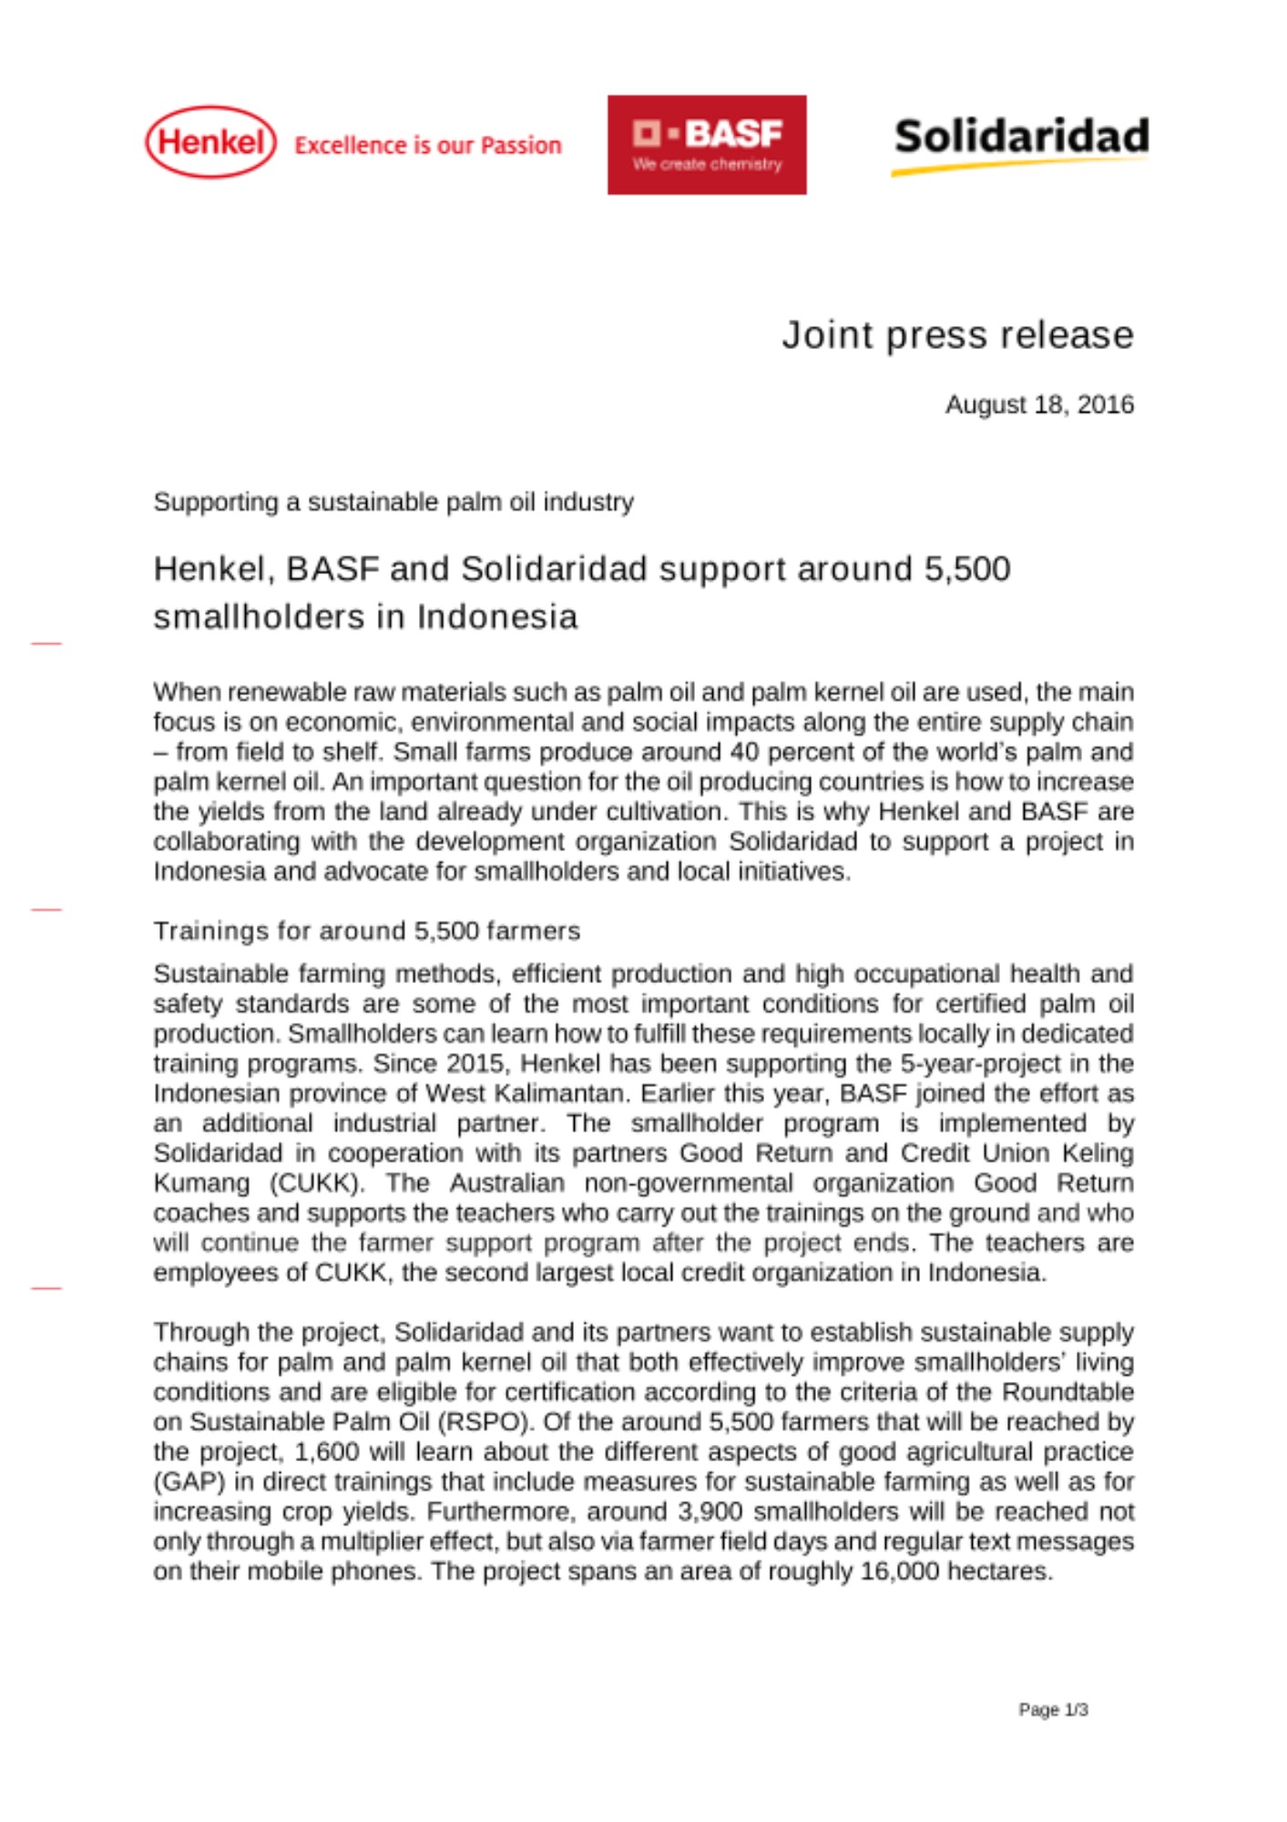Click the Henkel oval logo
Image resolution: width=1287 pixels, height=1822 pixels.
click(x=210, y=142)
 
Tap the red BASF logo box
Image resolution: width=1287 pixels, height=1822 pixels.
click(x=707, y=145)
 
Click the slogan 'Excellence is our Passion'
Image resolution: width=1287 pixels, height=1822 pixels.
click(x=428, y=146)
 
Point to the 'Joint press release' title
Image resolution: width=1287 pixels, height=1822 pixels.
click(x=957, y=335)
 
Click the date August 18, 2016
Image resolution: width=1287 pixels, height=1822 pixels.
click(x=1039, y=404)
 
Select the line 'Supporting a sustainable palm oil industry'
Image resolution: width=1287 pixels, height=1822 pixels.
click(x=393, y=502)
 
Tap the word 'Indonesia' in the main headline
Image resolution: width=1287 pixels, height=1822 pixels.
click(x=497, y=618)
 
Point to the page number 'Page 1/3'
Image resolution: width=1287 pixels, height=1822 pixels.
click(x=1053, y=1710)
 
